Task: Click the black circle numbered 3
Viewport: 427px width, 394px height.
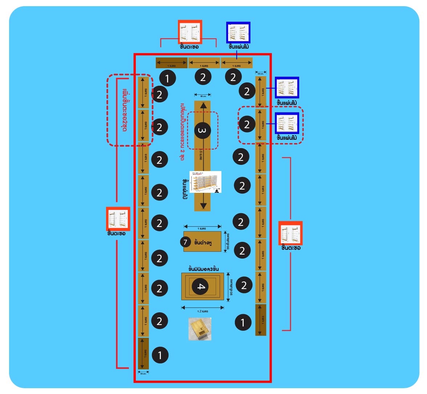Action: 203,130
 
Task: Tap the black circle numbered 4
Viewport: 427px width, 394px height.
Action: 201,287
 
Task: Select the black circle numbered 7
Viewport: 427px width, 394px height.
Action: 186,242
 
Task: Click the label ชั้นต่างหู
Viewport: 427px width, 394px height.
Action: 203,242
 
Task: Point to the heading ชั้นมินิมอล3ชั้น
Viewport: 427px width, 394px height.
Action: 203,269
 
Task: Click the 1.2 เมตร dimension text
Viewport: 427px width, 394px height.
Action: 202,311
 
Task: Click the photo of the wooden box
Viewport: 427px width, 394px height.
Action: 200,329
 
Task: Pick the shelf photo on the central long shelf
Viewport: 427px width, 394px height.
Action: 205,182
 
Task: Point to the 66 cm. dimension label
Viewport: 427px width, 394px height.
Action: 203,96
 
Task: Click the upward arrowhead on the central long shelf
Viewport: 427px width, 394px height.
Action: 203,106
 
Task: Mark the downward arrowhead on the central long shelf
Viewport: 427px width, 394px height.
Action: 203,206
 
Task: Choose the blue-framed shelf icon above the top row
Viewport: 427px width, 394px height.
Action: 238,33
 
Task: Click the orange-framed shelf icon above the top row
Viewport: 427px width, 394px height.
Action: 190,32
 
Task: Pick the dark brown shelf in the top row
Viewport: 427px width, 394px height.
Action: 171,63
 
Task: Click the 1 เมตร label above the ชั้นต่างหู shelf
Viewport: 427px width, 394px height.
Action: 202,229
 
